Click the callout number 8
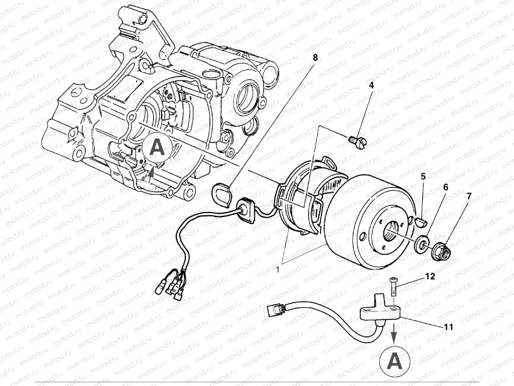tap(315, 58)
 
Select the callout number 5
tap(423, 176)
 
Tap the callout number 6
tap(446, 187)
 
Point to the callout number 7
tap(469, 196)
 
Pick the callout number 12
tap(430, 276)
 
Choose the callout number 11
tap(448, 327)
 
